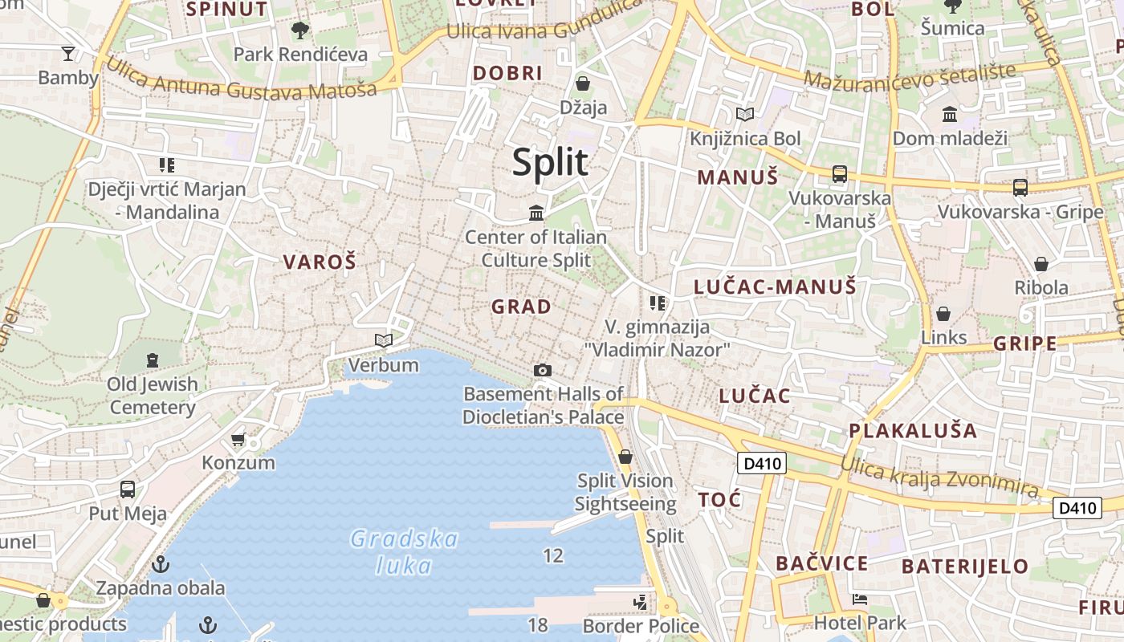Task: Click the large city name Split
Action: pyautogui.click(x=551, y=162)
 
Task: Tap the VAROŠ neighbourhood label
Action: pyautogui.click(x=319, y=262)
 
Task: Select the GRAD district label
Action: pyautogui.click(x=521, y=307)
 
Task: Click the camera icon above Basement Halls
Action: pyautogui.click(x=543, y=370)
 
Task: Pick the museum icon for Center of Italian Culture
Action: pyautogui.click(x=536, y=213)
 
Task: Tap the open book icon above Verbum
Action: pyautogui.click(x=384, y=341)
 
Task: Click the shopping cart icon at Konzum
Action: pyautogui.click(x=238, y=439)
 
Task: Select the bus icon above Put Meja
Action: pyautogui.click(x=127, y=490)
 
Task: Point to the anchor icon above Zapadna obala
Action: pyautogui.click(x=161, y=564)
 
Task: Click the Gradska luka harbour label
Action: pyautogui.click(x=405, y=552)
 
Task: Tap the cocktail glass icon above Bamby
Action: pyautogui.click(x=68, y=54)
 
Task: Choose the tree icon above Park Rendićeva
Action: pyautogui.click(x=300, y=30)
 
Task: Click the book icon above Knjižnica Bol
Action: pyautogui.click(x=745, y=115)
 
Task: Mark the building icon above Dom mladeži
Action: pyautogui.click(x=950, y=114)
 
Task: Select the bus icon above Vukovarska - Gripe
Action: pyautogui.click(x=1020, y=188)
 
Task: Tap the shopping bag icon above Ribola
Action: pyautogui.click(x=1041, y=264)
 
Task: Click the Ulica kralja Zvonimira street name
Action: pyautogui.click(x=939, y=475)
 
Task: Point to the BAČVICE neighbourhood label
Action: pyautogui.click(x=821, y=563)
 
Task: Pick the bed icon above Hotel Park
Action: pyautogui.click(x=859, y=599)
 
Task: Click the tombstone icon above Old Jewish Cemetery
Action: pyautogui.click(x=153, y=360)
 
